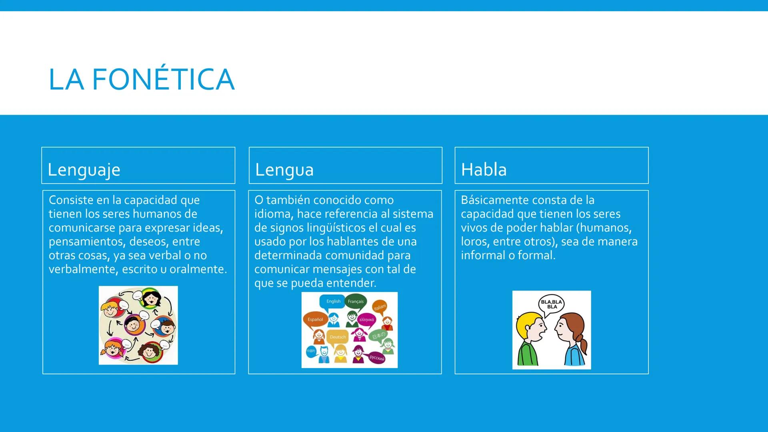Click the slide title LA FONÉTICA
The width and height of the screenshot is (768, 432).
pyautogui.click(x=141, y=79)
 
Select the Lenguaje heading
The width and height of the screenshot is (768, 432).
pyautogui.click(x=84, y=170)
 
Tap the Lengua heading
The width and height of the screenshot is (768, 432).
pyautogui.click(x=284, y=170)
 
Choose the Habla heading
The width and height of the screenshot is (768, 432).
pyautogui.click(x=484, y=170)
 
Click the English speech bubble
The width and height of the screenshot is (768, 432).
pyautogui.click(x=333, y=302)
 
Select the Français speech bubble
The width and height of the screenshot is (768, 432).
pyautogui.click(x=356, y=302)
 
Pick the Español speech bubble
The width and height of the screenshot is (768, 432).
pyautogui.click(x=315, y=320)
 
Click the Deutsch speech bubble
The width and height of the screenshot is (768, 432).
pyautogui.click(x=338, y=337)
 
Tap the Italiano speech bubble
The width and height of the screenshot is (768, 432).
pyautogui.click(x=380, y=307)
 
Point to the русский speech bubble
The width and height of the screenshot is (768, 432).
pyautogui.click(x=376, y=358)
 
